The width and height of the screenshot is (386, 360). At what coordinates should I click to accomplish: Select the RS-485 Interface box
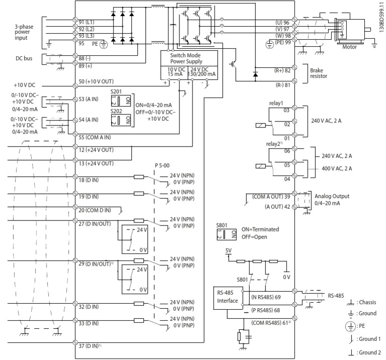[x=226, y=296]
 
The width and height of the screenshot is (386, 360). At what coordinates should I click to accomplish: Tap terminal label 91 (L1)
[x=89, y=23]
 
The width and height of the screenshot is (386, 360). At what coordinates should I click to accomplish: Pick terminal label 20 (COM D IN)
[x=96, y=210]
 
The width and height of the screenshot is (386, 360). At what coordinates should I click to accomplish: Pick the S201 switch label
[x=117, y=93]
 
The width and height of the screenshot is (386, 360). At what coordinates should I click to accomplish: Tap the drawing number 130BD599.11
[x=381, y=18]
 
